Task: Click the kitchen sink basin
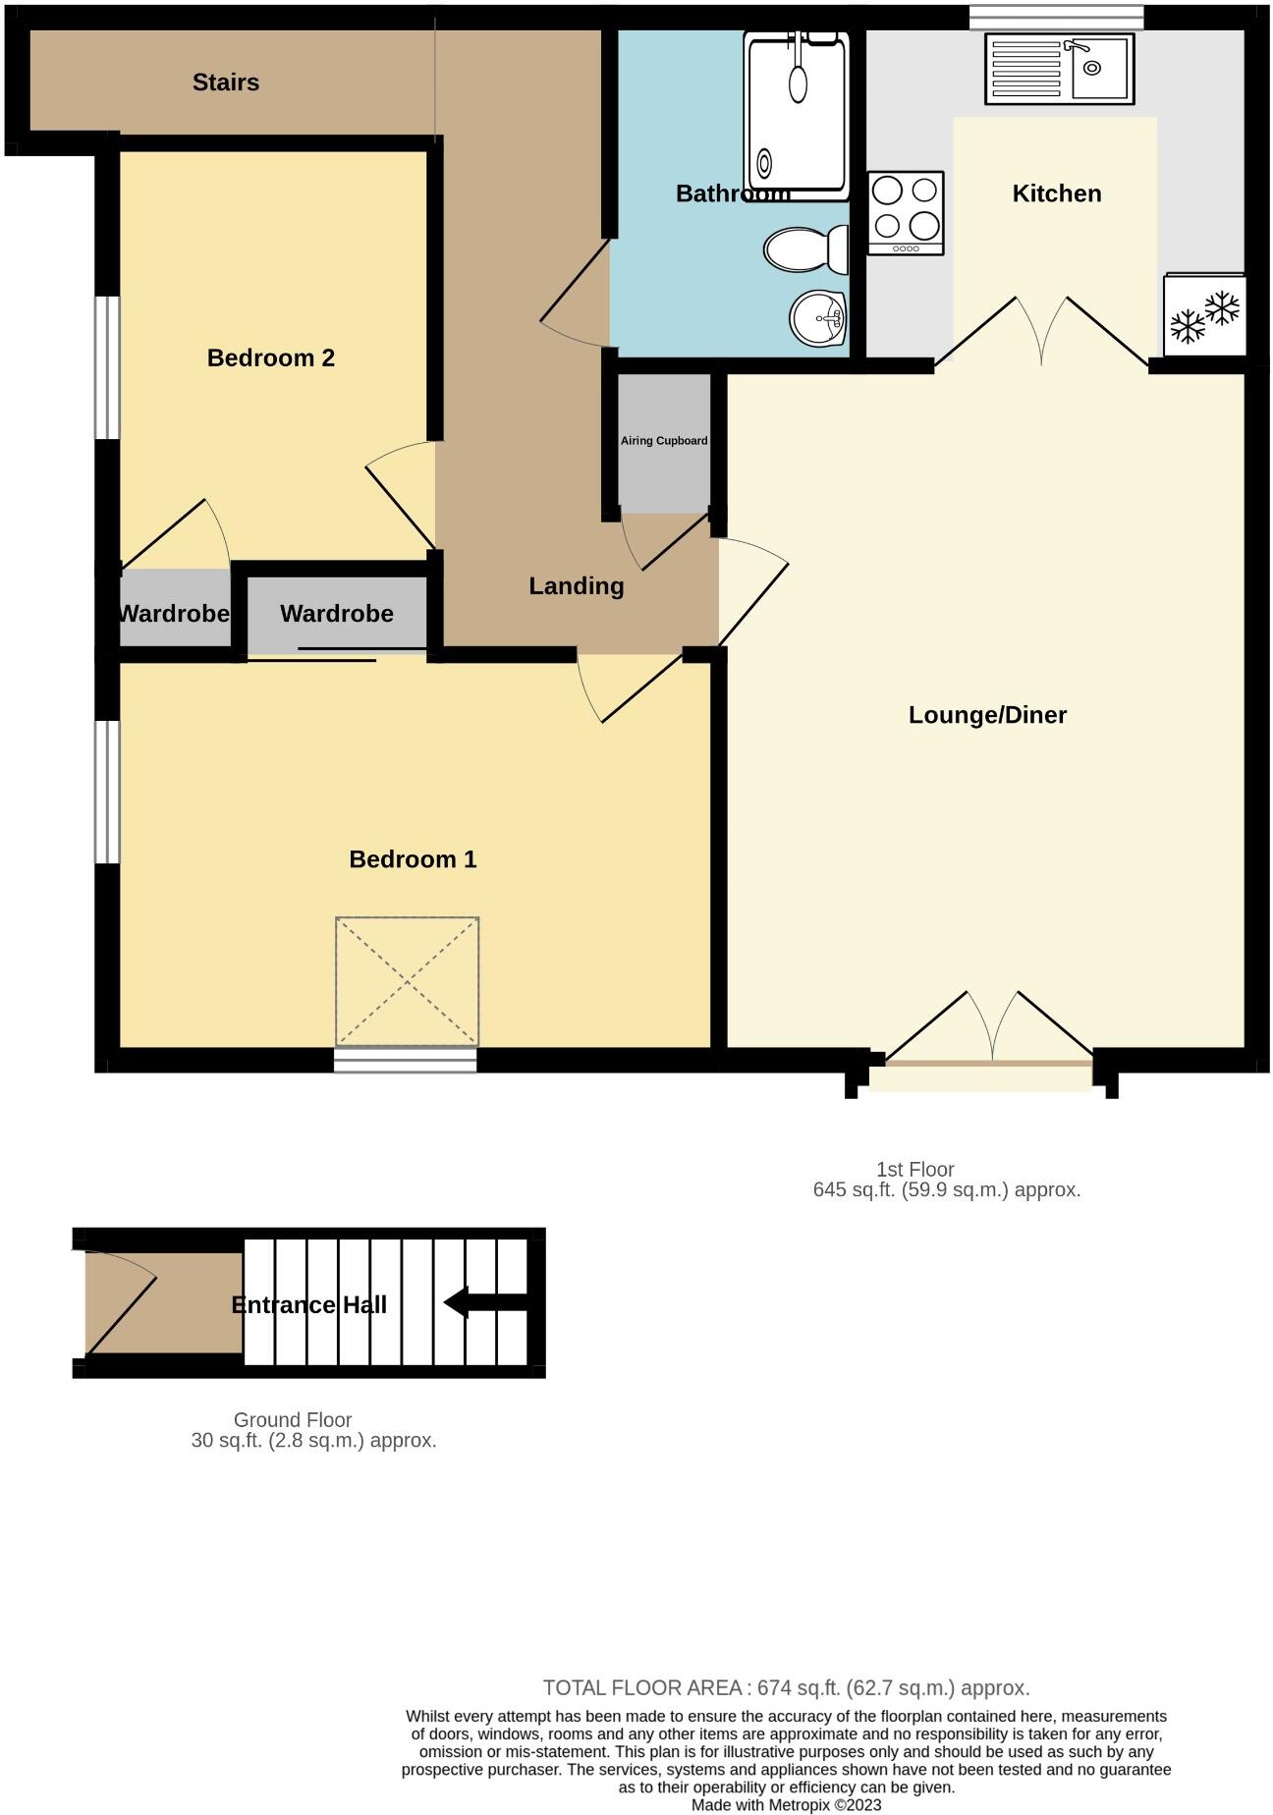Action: point(1099,68)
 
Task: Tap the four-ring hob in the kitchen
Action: point(906,213)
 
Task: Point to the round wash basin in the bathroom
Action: point(818,318)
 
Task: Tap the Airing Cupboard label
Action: point(664,441)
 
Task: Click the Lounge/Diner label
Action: point(987,715)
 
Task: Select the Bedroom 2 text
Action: point(271,357)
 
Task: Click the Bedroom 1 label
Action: point(413,859)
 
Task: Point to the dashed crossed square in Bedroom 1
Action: point(407,982)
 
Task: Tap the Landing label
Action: point(577,586)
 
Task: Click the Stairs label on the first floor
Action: point(226,82)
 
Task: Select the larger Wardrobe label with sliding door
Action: point(337,614)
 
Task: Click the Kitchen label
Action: point(1057,193)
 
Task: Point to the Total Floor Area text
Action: point(786,1687)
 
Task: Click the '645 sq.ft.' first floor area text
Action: point(946,1189)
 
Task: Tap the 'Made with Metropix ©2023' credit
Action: point(786,1804)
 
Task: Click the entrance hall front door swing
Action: point(118,1301)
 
